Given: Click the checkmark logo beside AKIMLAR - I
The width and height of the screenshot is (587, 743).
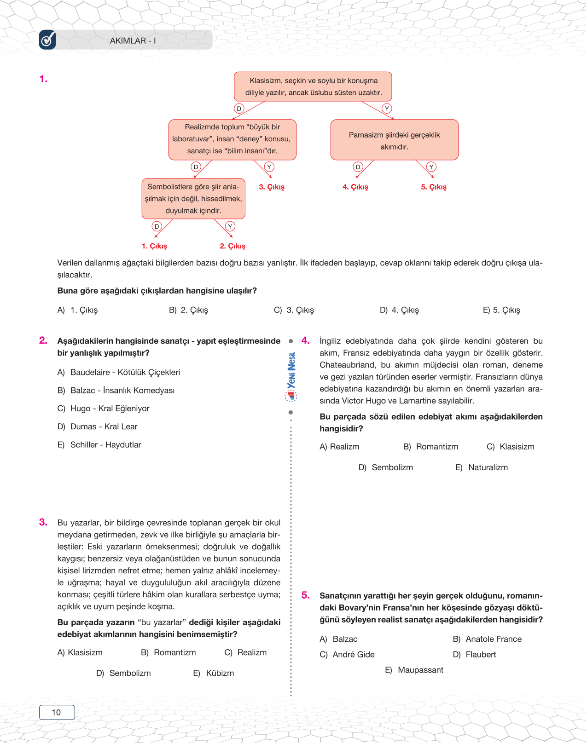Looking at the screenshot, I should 47,40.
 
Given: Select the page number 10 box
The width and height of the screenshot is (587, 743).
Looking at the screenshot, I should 57,712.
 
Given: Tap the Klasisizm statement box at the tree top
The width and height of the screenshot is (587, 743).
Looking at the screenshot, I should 313,86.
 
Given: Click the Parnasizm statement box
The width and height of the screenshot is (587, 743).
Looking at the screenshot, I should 394,140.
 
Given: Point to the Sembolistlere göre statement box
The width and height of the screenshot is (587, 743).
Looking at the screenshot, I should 193,198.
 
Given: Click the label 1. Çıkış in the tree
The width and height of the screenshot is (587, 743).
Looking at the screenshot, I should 154,246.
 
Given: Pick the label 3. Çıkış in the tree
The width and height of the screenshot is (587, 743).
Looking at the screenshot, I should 272,187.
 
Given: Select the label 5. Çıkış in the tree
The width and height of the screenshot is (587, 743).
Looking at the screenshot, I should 434,187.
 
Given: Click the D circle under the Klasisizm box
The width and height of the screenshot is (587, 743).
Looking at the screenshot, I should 239,109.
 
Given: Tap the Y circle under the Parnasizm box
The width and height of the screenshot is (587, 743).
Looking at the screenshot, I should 431,167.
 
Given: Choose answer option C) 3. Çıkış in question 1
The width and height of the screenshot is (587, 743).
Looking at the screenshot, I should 294,310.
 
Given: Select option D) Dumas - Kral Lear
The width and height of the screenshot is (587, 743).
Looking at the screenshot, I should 98,426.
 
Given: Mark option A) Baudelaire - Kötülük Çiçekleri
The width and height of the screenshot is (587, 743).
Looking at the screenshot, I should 119,372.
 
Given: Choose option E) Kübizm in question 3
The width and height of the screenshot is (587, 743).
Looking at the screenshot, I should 214,673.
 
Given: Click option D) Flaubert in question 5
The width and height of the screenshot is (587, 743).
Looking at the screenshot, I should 475,654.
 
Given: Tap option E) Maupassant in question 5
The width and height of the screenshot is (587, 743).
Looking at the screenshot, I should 414,670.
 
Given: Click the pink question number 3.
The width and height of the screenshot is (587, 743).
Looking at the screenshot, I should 43,522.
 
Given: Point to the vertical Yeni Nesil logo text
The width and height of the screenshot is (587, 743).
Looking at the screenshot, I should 291,371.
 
